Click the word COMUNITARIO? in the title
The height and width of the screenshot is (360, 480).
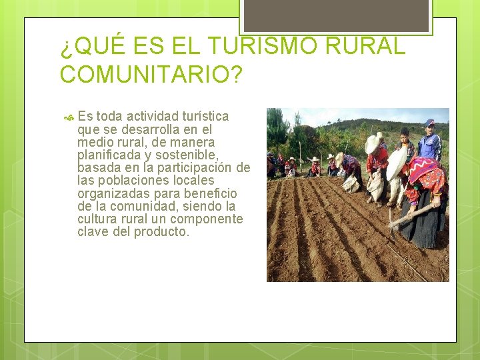tap(151, 74)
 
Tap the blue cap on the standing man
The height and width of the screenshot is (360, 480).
tap(429, 123)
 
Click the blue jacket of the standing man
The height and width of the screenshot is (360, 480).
tap(430, 146)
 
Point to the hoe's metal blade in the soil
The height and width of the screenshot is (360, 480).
tap(393, 230)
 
